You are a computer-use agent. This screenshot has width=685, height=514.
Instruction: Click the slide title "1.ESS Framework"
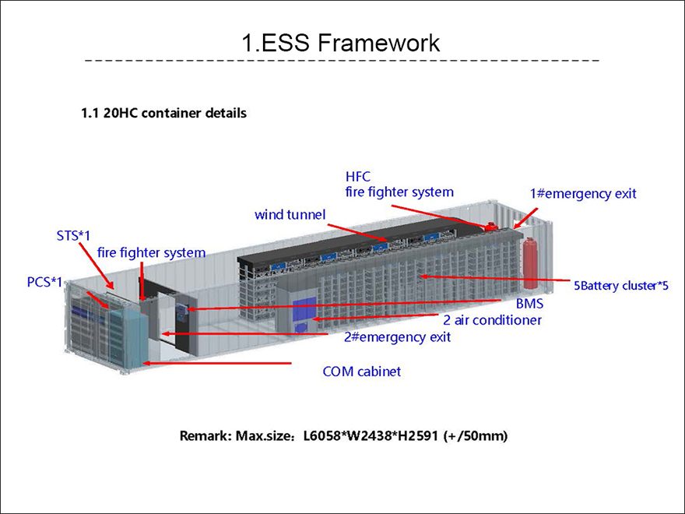tap(341, 42)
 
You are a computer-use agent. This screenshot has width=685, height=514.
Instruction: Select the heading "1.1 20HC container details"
tap(163, 113)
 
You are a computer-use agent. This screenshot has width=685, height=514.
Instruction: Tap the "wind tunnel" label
tap(290, 215)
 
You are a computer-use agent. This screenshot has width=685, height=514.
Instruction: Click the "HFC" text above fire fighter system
tap(358, 177)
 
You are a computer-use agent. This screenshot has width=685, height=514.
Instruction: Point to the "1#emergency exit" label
tap(583, 194)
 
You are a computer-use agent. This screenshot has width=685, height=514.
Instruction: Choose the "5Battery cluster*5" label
tap(621, 286)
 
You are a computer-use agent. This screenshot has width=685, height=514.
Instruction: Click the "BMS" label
tap(529, 303)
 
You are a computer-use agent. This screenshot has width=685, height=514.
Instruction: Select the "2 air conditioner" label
tap(492, 320)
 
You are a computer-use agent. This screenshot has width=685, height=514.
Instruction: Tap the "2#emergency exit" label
tap(397, 337)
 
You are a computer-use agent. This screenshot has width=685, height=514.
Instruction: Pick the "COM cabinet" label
tap(361, 371)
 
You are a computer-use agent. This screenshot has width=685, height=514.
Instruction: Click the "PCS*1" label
tap(44, 283)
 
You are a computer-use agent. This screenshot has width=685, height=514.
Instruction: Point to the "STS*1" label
tap(73, 235)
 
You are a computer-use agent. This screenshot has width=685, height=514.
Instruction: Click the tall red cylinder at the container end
tap(530, 263)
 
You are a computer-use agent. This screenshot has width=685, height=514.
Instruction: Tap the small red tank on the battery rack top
tap(490, 226)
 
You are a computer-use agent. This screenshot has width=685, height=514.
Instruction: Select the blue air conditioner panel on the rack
tap(304, 308)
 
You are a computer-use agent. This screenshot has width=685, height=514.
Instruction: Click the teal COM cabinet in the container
tap(129, 337)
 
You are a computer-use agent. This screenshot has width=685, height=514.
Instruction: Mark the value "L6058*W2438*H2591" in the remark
tap(371, 436)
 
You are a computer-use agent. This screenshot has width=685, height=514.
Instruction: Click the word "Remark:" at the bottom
tap(205, 436)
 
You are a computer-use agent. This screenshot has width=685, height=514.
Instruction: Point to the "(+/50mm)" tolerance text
tap(476, 436)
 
